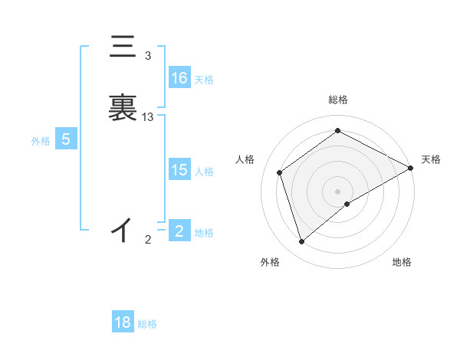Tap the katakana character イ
click(x=122, y=229)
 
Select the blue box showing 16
click(x=179, y=78)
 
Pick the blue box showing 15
click(x=179, y=170)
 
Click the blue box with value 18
click(x=123, y=322)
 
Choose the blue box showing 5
click(x=66, y=139)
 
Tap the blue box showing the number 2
click(x=179, y=231)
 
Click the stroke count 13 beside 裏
click(x=148, y=117)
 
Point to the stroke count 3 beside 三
click(x=148, y=56)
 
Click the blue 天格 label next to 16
click(x=204, y=80)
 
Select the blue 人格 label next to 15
click(x=204, y=172)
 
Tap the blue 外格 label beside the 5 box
click(x=41, y=141)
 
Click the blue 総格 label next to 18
click(x=147, y=324)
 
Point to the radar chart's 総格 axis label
click(x=338, y=100)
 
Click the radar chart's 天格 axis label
click(x=432, y=159)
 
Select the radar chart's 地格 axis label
click(x=402, y=262)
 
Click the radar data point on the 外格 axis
click(x=301, y=242)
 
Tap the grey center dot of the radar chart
click(x=338, y=191)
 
